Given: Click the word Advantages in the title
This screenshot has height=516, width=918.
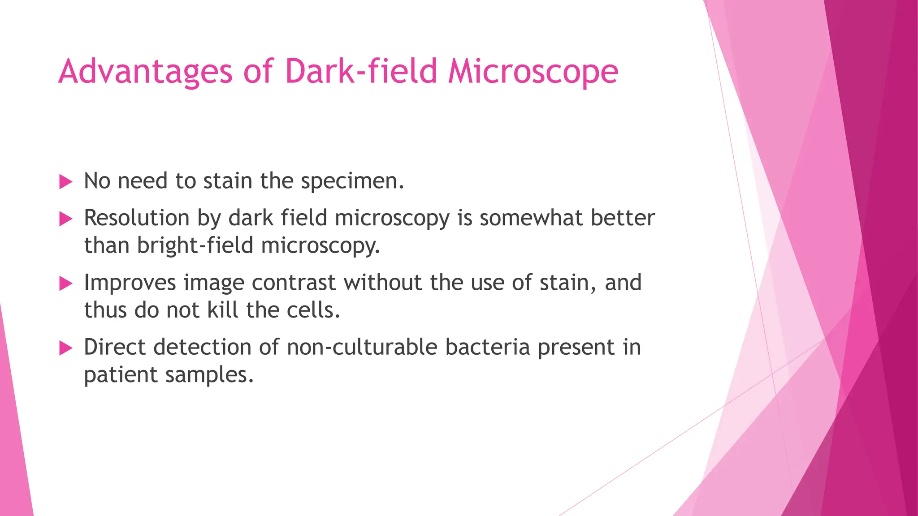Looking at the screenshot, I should pyautogui.click(x=145, y=72).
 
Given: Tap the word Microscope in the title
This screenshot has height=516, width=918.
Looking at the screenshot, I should pyautogui.click(x=533, y=72).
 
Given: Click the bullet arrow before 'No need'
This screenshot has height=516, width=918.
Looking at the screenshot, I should pyautogui.click(x=65, y=182).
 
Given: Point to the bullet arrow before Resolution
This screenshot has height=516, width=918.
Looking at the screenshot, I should pyautogui.click(x=65, y=219).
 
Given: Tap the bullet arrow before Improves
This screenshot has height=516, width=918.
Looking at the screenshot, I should pyautogui.click(x=65, y=284).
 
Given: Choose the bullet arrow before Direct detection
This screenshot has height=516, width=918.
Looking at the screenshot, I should pyautogui.click(x=65, y=348).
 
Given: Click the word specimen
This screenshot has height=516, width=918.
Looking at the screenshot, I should pyautogui.click(x=352, y=181).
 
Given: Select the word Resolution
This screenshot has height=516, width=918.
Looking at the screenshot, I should pyautogui.click(x=137, y=218).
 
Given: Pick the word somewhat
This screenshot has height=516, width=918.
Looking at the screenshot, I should pyautogui.click(x=531, y=218).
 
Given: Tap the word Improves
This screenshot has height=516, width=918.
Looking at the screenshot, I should pyautogui.click(x=130, y=283).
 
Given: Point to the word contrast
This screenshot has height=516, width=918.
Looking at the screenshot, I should pyautogui.click(x=294, y=283).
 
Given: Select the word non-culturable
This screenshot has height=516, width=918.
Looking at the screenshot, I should pyautogui.click(x=362, y=347).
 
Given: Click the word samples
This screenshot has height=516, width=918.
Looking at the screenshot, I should pyautogui.click(x=209, y=375).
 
